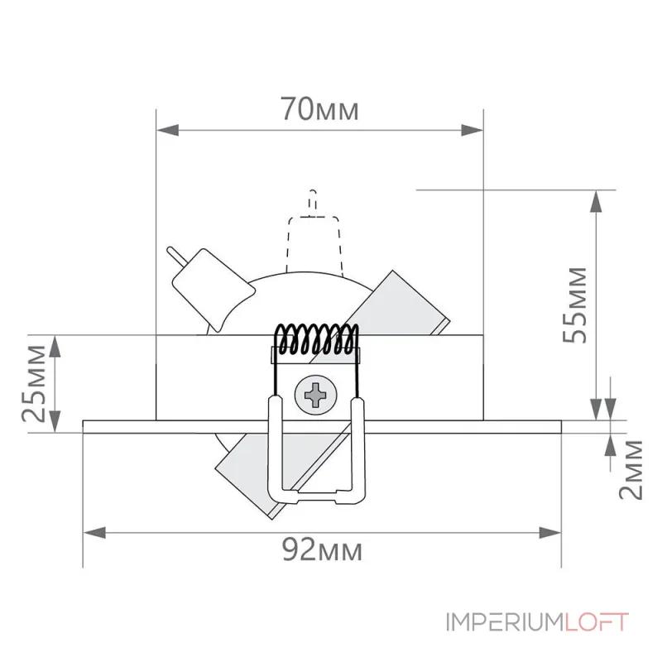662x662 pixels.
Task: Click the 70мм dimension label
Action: click(x=319, y=110)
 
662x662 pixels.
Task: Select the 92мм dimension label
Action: click(x=320, y=549)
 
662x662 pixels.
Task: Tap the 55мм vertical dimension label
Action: click(x=578, y=305)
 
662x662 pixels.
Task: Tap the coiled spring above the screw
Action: click(x=317, y=339)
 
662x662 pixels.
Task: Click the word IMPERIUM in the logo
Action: click(x=506, y=621)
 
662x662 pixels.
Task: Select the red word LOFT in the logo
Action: click(x=597, y=621)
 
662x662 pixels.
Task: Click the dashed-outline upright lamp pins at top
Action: click(x=312, y=201)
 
